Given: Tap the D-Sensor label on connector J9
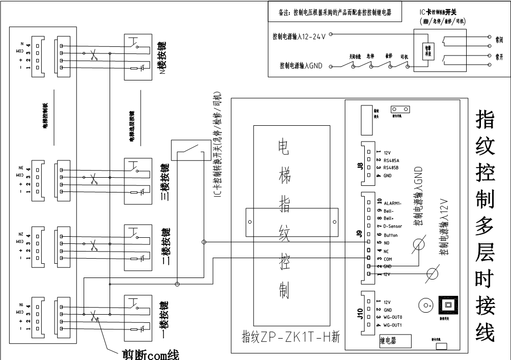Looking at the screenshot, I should pyautogui.click(x=393, y=226).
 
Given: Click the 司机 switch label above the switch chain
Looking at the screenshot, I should pyautogui.click(x=406, y=57).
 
